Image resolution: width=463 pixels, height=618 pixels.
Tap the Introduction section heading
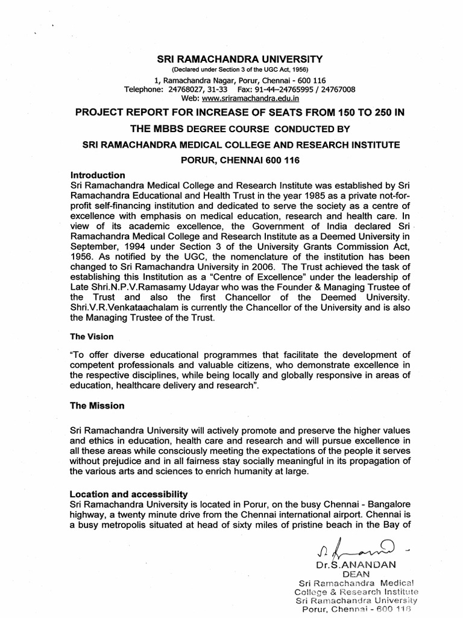click(98, 175)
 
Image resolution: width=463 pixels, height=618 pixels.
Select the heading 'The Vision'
click(92, 336)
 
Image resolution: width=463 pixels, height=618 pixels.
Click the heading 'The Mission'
click(98, 406)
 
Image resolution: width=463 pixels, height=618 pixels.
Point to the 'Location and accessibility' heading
click(130, 494)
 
